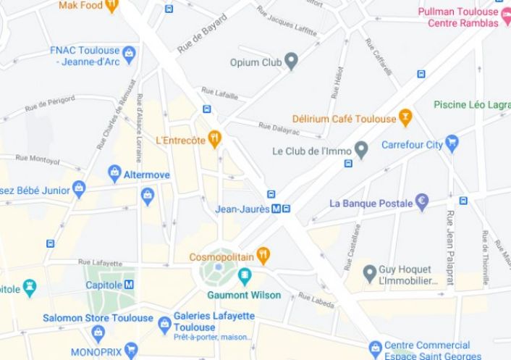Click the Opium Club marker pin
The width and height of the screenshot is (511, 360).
pyautogui.click(x=292, y=62)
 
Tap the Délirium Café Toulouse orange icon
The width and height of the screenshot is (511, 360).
pyautogui.click(x=405, y=117)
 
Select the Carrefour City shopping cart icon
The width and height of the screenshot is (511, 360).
pyautogui.click(x=452, y=143)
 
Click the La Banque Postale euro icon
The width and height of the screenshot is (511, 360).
pyautogui.click(x=423, y=203)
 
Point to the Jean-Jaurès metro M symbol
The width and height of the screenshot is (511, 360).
pyautogui.click(x=276, y=209)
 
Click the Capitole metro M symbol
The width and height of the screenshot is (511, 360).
pyautogui.click(x=129, y=285)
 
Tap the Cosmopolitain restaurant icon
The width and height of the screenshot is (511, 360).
pyautogui.click(x=263, y=256)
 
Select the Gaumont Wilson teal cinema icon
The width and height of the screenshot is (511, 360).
pyautogui.click(x=245, y=275)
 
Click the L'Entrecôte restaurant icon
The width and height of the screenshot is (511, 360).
pyautogui.click(x=214, y=138)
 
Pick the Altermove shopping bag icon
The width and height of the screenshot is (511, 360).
pyautogui.click(x=114, y=174)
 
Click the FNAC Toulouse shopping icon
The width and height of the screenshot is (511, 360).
pyautogui.click(x=129, y=54)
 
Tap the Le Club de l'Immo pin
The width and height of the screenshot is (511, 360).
pyautogui.click(x=362, y=151)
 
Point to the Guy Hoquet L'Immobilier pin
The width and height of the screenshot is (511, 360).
pyautogui.click(x=369, y=273)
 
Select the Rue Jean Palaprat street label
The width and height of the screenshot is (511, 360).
pyautogui.click(x=449, y=247)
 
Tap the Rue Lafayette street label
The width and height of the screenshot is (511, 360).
pyautogui.click(x=100, y=262)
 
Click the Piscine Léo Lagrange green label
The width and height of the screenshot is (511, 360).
pyautogui.click(x=471, y=104)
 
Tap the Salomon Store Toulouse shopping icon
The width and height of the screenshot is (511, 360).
pyautogui.click(x=98, y=332)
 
